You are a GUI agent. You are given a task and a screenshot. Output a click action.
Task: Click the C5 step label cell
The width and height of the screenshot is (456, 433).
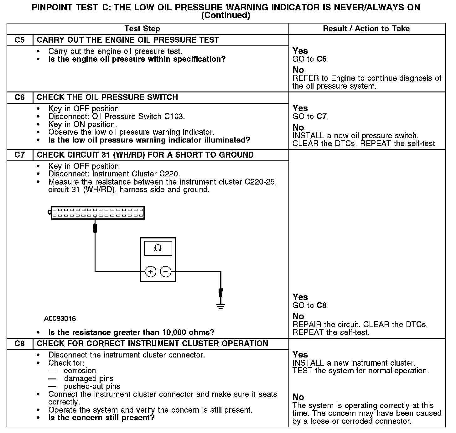(19, 40)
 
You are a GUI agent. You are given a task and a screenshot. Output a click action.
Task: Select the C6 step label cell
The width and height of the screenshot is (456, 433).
(19, 97)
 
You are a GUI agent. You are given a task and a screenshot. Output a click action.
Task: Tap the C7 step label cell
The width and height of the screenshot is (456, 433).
(19, 155)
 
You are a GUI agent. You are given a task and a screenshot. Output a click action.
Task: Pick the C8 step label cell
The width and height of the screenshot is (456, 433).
(19, 344)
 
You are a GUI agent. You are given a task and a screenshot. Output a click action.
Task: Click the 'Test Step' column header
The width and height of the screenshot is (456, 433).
(142, 29)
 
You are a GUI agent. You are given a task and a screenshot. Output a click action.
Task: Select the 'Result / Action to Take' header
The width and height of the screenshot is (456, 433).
(366, 29)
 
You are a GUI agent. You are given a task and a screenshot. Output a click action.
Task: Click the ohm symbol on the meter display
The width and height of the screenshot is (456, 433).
(158, 248)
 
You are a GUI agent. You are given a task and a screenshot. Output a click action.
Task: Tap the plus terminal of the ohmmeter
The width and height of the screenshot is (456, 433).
(151, 272)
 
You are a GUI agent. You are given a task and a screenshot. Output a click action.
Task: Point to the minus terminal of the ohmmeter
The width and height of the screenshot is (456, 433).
(166, 272)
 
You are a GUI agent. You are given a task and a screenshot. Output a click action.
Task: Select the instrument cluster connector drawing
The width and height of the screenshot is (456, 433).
(97, 213)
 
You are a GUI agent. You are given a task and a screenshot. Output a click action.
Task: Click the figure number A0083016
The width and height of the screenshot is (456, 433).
(60, 319)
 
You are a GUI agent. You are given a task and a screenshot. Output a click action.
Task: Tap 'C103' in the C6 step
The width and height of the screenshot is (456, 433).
(174, 117)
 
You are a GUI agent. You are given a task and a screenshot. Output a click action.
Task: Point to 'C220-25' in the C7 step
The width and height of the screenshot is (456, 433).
(261, 182)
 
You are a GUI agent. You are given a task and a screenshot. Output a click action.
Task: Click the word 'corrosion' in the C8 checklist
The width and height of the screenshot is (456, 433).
(80, 371)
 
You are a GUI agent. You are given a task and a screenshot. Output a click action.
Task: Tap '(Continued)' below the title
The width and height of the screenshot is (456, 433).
(225, 16)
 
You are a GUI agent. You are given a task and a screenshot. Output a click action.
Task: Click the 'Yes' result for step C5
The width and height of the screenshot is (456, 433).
(300, 51)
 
